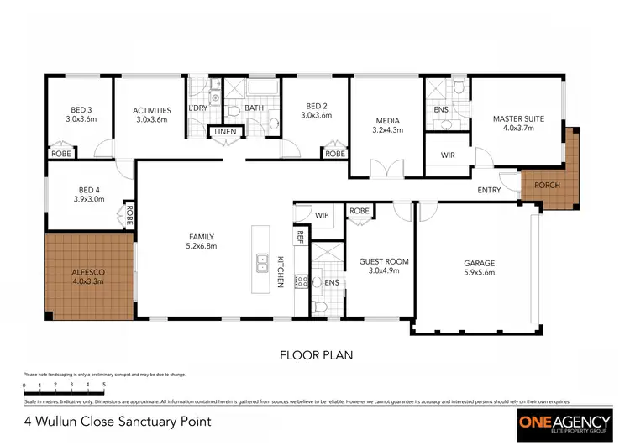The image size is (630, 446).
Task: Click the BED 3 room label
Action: (81, 109)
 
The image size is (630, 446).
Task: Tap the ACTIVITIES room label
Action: (152, 110)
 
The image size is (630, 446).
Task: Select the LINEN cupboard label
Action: (225, 132)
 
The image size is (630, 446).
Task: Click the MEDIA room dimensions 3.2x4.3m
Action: (388, 130)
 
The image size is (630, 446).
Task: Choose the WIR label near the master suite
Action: (448, 155)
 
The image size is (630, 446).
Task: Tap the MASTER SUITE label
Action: (517, 119)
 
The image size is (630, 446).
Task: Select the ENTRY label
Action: (489, 190)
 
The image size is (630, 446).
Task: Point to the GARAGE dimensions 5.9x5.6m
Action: (479, 272)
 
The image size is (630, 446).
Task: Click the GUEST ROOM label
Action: (383, 261)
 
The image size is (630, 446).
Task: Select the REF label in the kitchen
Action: (299, 237)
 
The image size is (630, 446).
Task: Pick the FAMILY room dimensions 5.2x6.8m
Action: (201, 247)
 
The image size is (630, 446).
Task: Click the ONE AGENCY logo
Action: (561, 422)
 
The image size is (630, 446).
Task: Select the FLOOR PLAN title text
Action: (315, 355)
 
